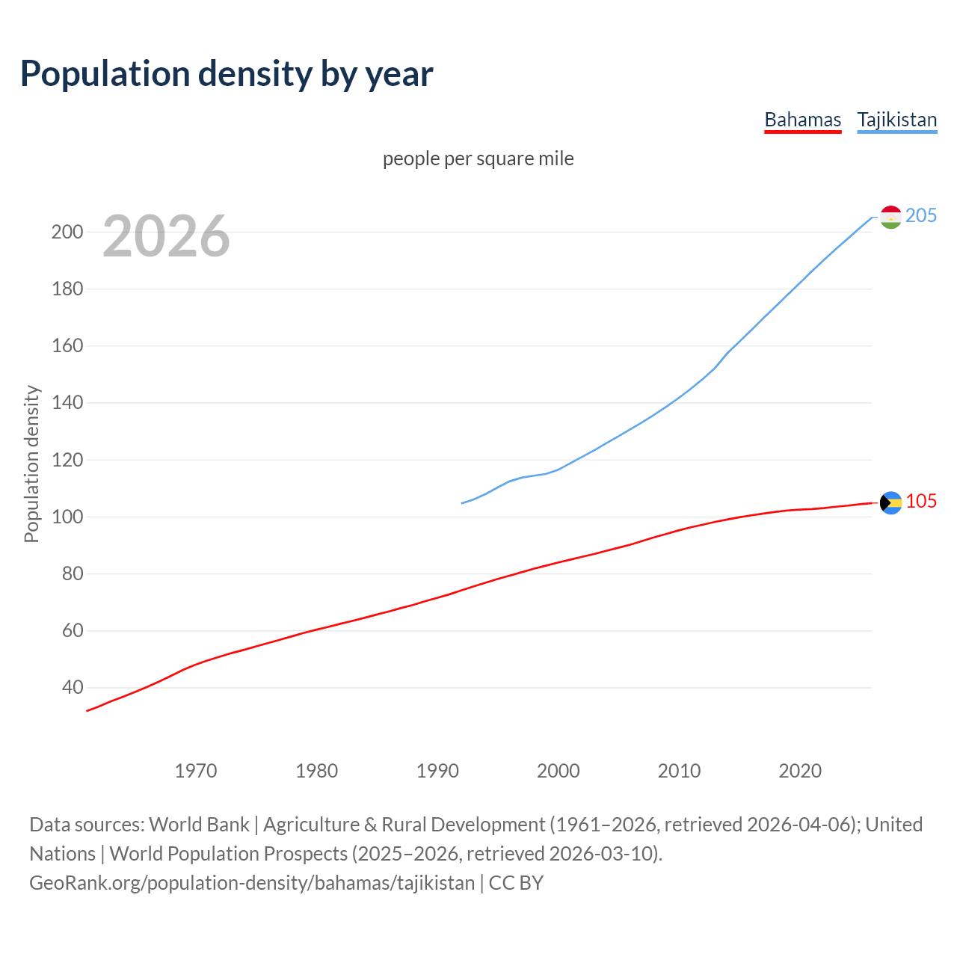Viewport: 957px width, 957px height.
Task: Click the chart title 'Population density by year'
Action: (x=227, y=74)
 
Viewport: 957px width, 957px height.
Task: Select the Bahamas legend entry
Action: (x=802, y=120)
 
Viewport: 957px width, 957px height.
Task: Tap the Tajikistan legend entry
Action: (x=896, y=120)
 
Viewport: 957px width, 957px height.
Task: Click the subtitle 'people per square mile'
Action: (x=478, y=159)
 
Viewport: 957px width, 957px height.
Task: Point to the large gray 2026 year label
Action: (x=166, y=236)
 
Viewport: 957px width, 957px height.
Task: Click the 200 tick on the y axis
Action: (x=67, y=232)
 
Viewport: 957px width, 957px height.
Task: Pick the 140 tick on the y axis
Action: (x=67, y=403)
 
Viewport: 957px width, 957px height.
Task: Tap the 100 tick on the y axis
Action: (x=67, y=517)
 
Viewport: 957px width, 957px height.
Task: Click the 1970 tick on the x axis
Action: (x=196, y=771)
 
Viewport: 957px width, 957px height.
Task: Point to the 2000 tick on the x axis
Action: (x=558, y=771)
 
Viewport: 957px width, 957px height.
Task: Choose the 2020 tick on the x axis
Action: (x=800, y=771)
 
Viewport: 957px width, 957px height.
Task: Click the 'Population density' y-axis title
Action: (x=31, y=464)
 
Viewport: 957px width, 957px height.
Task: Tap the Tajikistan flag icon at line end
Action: (x=890, y=217)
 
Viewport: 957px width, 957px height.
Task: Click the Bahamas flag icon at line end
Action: (x=890, y=502)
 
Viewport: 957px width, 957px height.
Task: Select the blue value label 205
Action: (x=921, y=216)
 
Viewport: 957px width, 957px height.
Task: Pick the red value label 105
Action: (x=921, y=502)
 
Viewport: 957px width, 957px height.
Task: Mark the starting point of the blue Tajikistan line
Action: (x=462, y=503)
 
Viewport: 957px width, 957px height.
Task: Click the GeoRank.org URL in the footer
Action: (x=252, y=883)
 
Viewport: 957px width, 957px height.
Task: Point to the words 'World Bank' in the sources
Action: (x=199, y=825)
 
